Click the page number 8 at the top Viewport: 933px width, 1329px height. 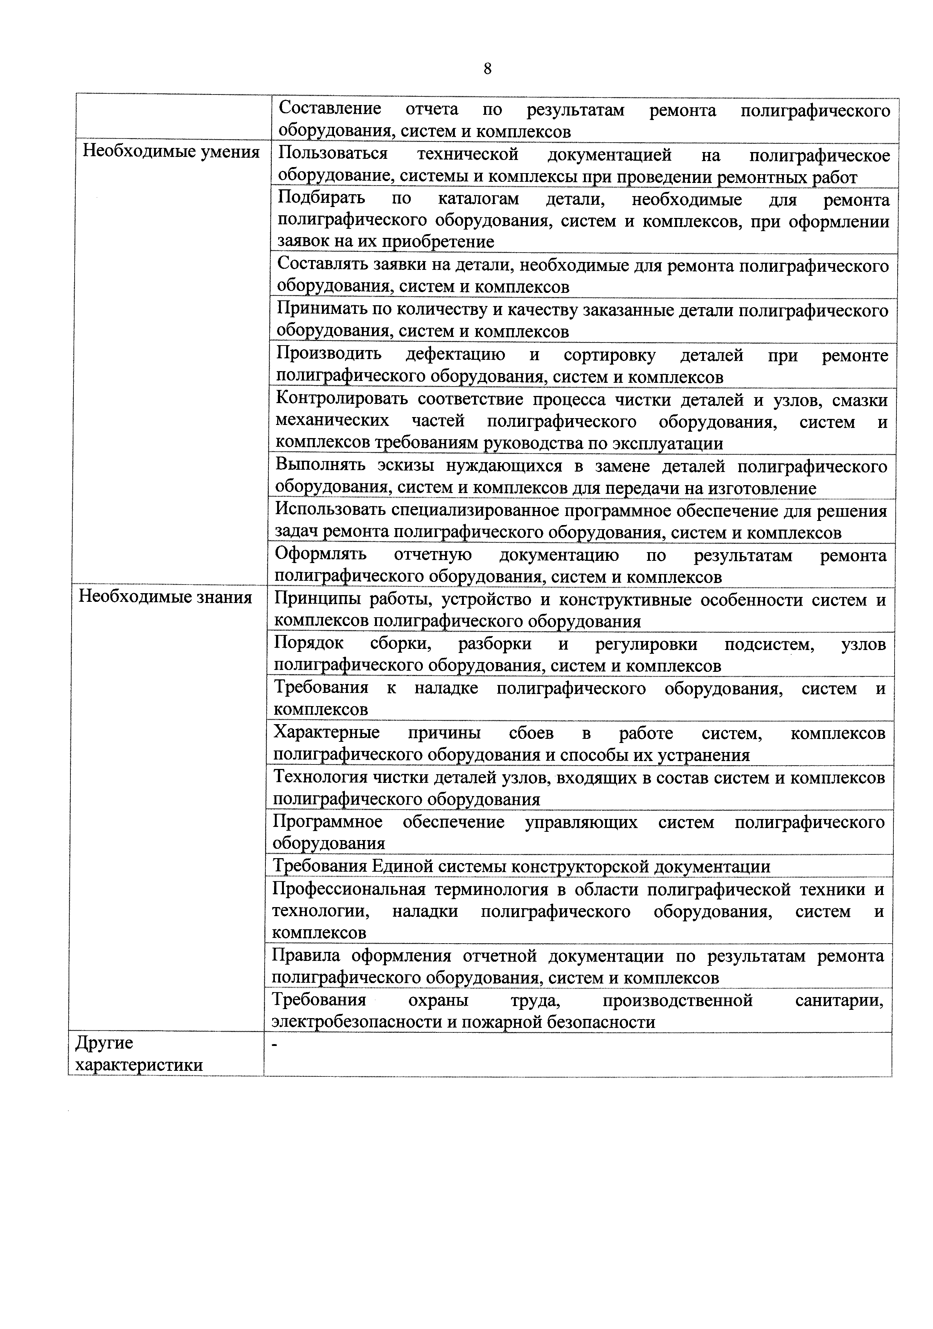coord(487,69)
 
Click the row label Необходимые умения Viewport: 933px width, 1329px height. coord(171,152)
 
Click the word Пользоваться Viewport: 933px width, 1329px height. coord(332,155)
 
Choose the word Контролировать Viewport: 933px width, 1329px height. coord(342,399)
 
